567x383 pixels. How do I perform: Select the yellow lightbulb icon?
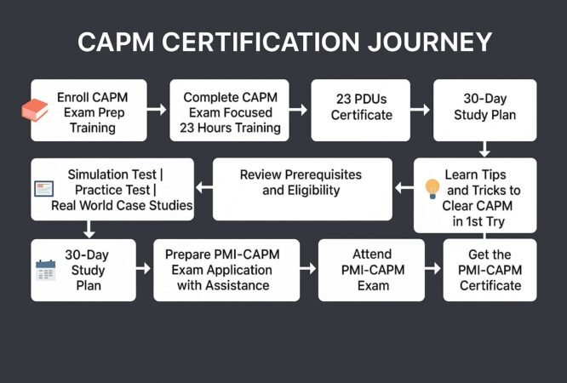(x=432, y=188)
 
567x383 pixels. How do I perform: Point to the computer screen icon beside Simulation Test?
(x=44, y=188)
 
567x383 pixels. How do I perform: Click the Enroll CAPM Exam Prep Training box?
(x=89, y=110)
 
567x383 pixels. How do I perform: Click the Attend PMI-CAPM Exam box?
(x=371, y=270)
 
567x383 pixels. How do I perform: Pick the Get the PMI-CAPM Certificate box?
(x=490, y=270)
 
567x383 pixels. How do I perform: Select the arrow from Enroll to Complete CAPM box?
(x=157, y=110)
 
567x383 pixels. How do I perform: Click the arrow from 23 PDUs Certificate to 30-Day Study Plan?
(x=421, y=110)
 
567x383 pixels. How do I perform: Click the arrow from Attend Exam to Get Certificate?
(x=433, y=270)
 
